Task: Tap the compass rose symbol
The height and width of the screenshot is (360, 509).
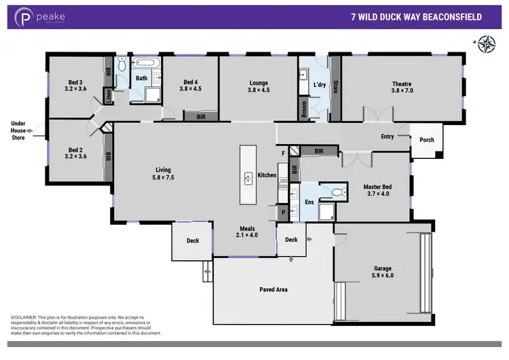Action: coord(487,43)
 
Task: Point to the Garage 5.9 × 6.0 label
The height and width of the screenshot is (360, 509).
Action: coord(383,272)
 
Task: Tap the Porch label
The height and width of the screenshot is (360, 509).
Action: coord(427,140)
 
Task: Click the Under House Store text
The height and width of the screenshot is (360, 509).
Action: coord(18,130)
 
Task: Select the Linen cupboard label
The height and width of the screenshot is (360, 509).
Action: coord(107,96)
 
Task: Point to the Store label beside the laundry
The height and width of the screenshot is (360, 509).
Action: coord(335,87)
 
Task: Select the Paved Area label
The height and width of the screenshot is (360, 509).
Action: coord(274,289)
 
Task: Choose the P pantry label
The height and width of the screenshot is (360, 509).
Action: coord(284,213)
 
